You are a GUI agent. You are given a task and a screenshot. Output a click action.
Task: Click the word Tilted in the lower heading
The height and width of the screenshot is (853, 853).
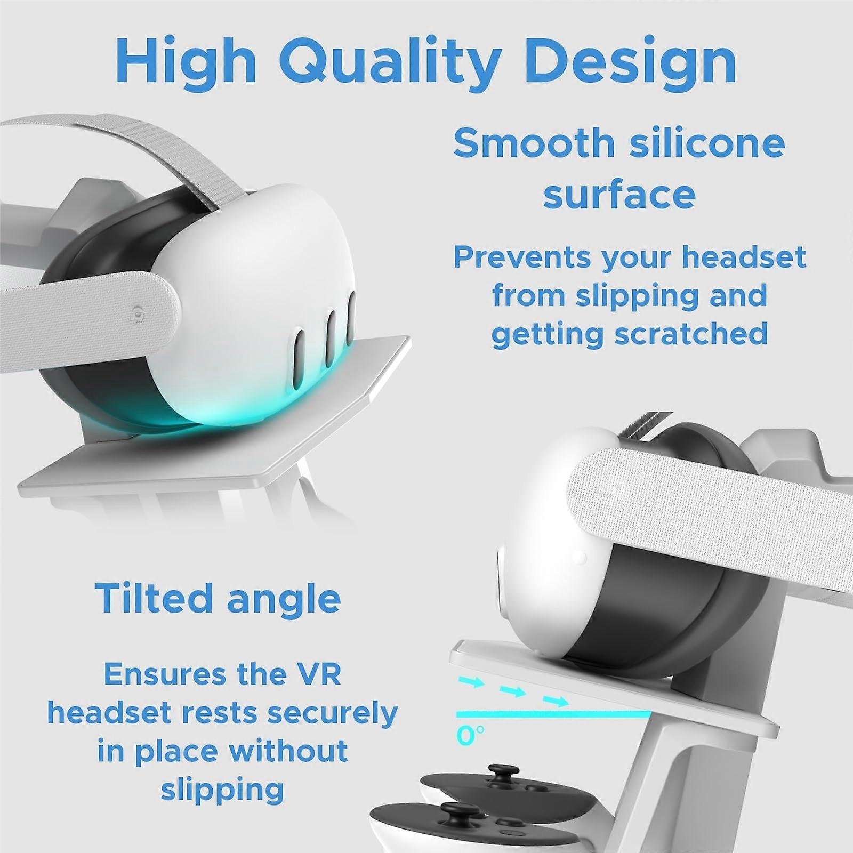tap(155, 598)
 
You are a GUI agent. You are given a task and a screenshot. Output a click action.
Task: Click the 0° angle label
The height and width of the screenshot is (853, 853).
tap(470, 735)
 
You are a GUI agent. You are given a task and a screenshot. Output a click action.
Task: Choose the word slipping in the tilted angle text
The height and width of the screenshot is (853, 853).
tap(222, 790)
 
